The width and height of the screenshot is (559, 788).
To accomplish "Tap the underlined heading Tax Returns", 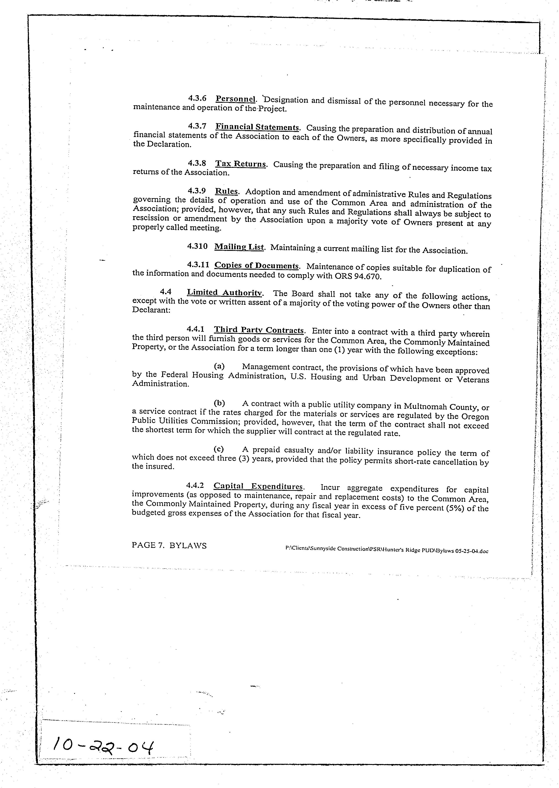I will click(x=241, y=164).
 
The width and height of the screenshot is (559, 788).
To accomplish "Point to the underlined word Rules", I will click(x=226, y=191).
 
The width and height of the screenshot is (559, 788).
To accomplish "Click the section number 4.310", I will click(x=197, y=246).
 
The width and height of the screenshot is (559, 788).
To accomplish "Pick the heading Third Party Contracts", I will click(x=259, y=330).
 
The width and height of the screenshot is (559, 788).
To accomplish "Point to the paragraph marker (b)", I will click(x=219, y=403).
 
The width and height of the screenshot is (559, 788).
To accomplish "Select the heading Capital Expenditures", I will click(x=258, y=486).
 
